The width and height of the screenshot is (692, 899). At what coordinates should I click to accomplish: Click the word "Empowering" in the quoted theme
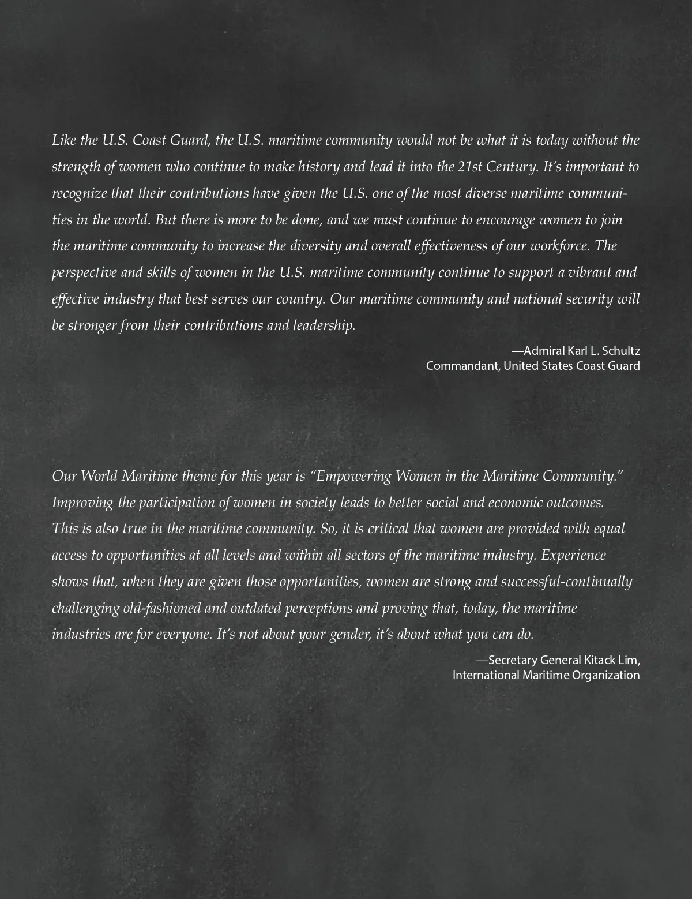(x=352, y=476)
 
